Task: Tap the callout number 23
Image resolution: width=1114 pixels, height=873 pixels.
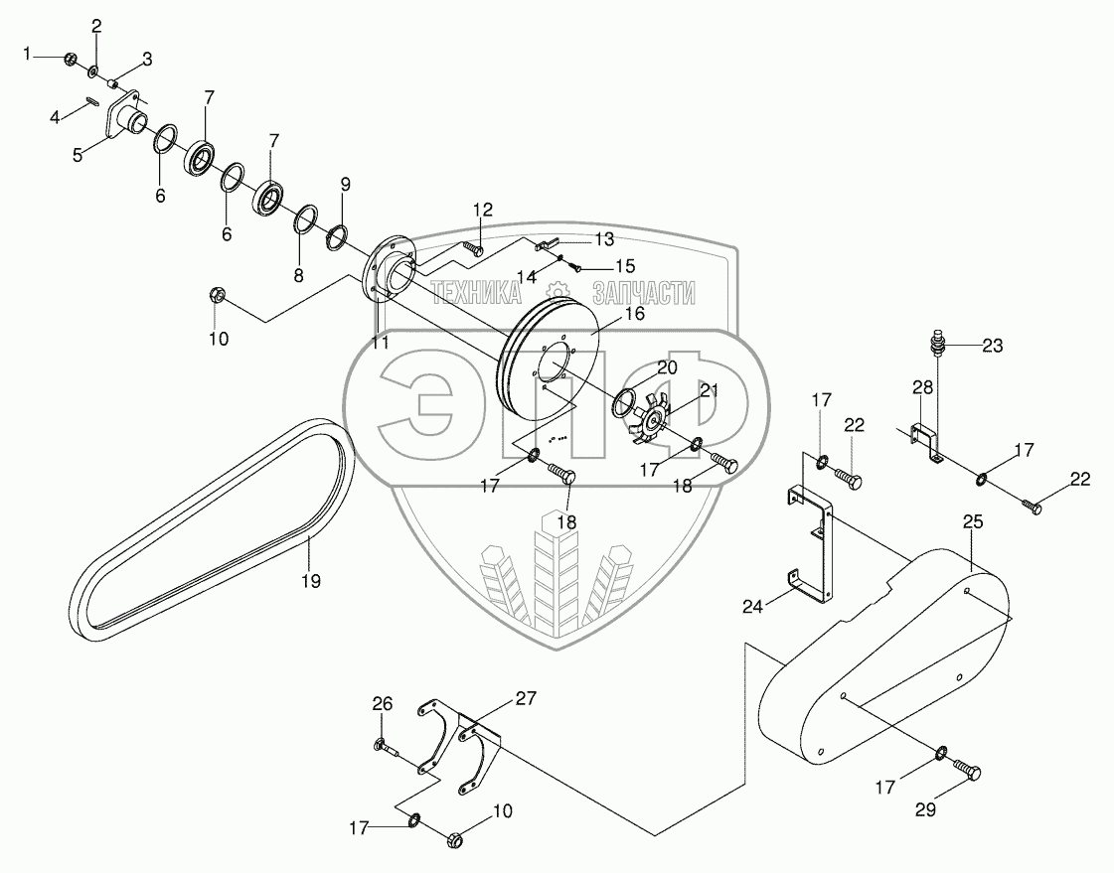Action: (992, 346)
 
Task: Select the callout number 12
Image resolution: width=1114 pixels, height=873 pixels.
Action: (482, 210)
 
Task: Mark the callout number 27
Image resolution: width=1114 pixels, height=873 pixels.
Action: (525, 698)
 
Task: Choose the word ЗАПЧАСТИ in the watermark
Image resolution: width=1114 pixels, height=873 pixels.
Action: (643, 292)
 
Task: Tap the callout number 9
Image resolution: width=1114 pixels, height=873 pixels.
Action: (346, 184)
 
